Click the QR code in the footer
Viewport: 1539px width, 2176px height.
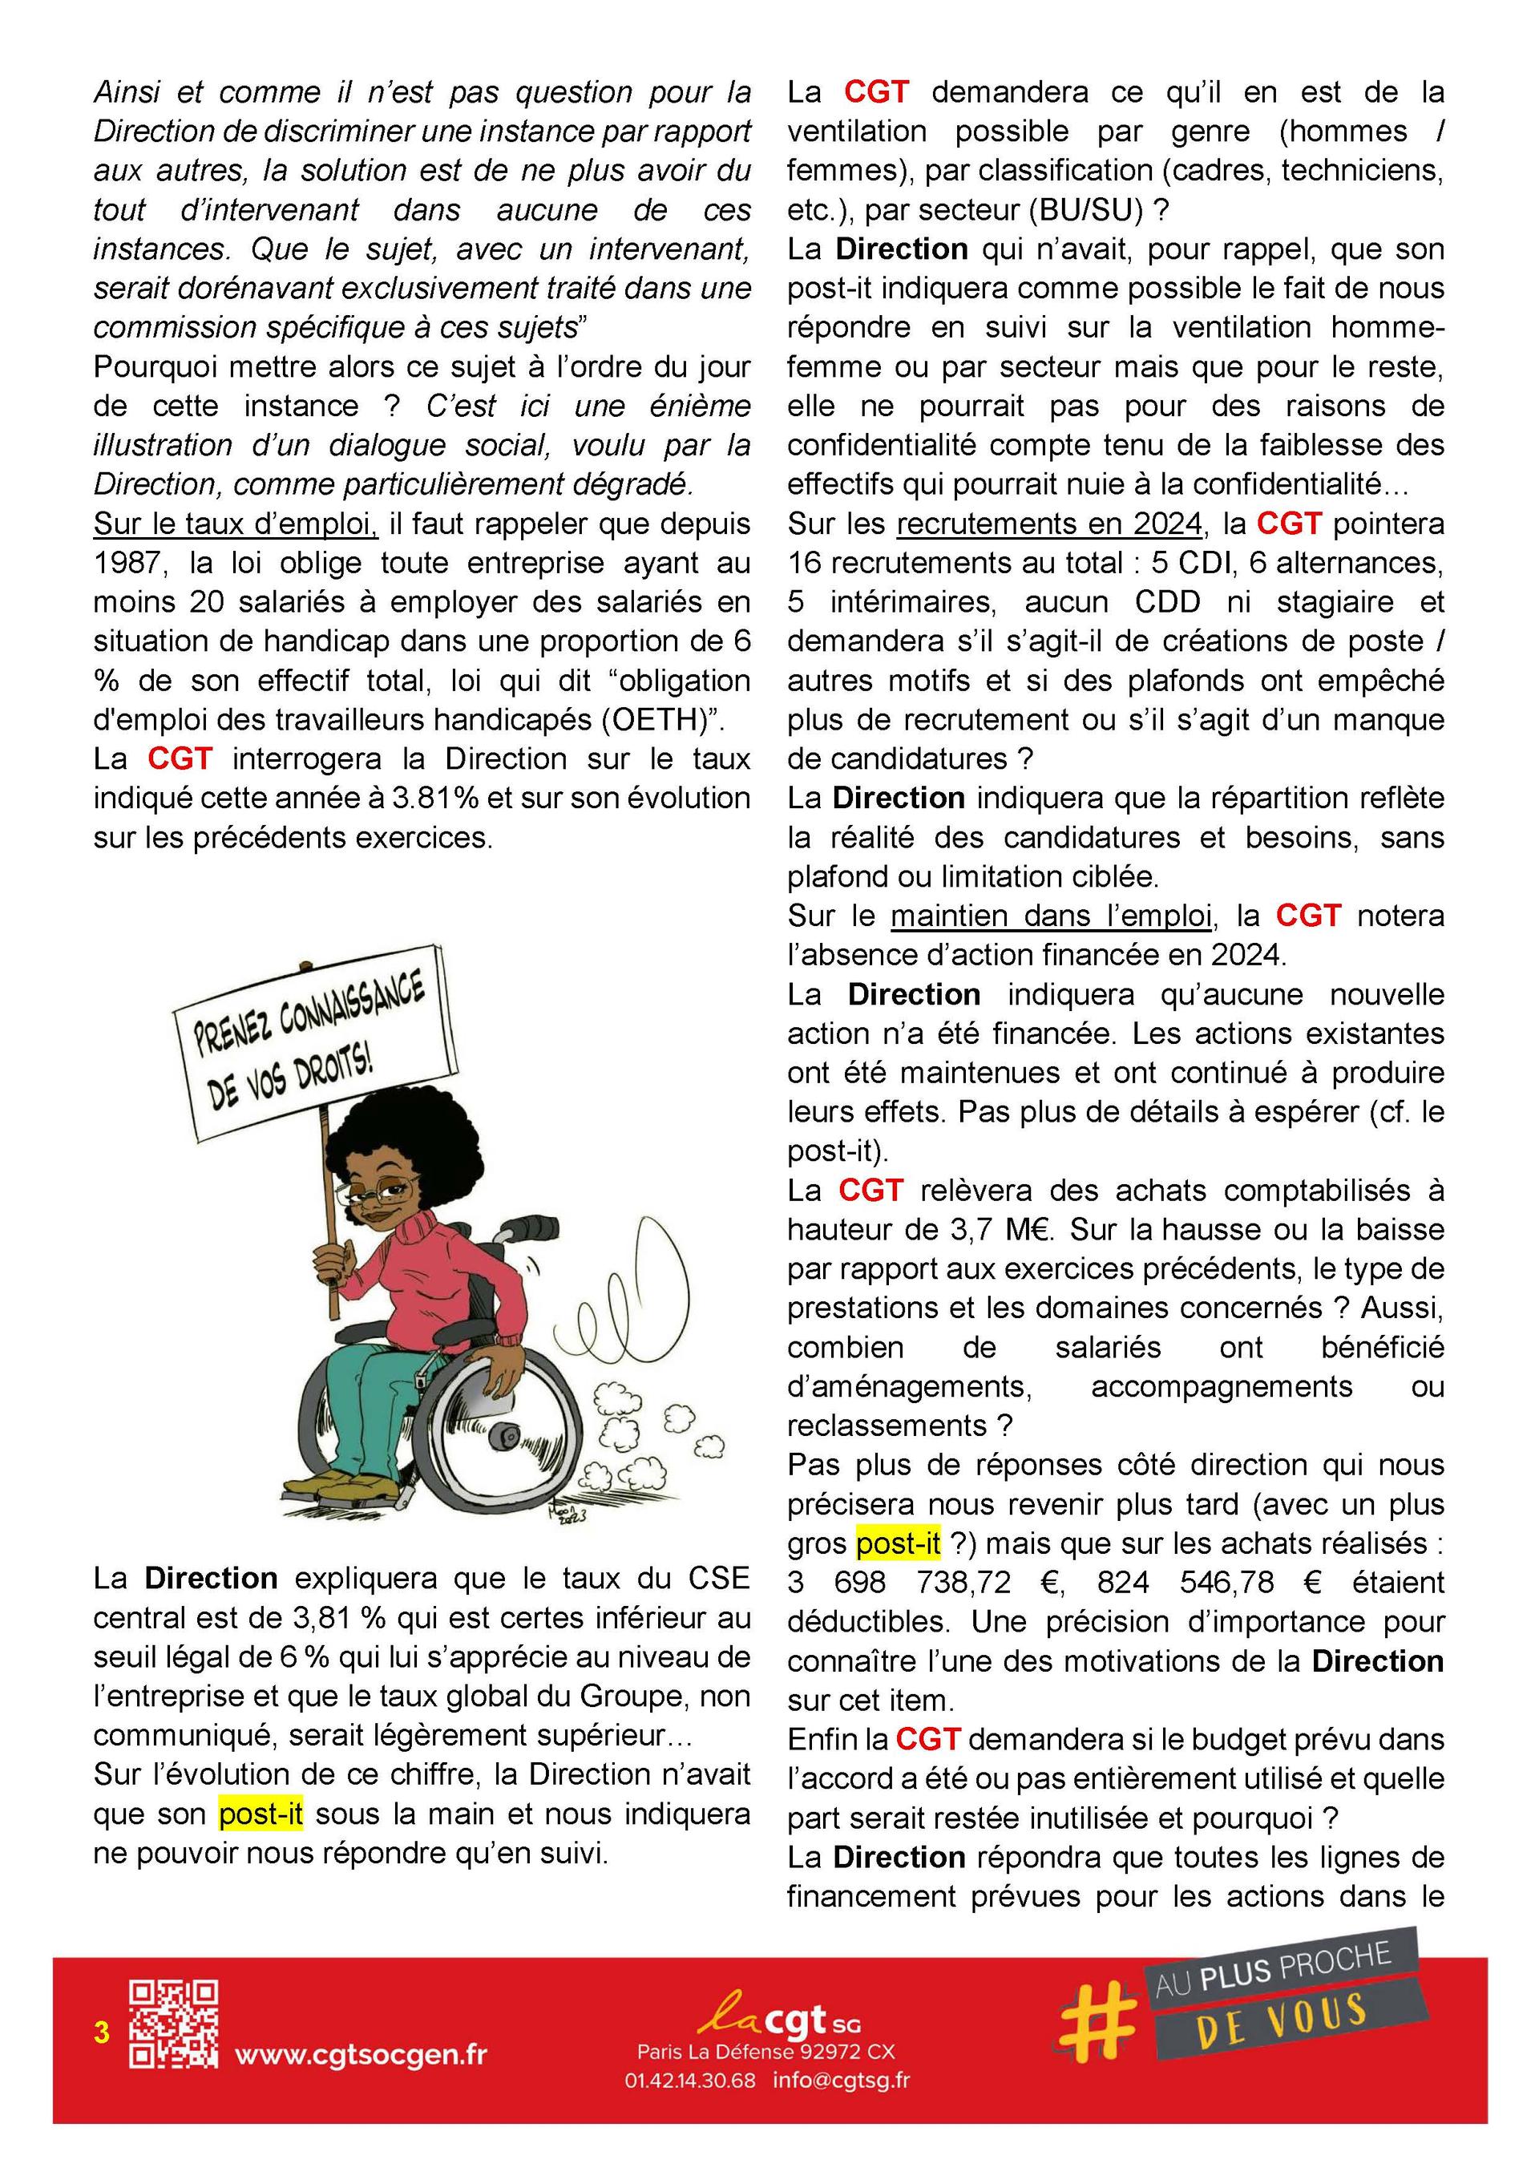pyautogui.click(x=173, y=2024)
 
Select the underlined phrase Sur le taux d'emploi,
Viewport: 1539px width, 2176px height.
pyautogui.click(x=236, y=524)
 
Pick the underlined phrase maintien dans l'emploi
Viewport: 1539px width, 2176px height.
pyautogui.click(x=1051, y=916)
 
